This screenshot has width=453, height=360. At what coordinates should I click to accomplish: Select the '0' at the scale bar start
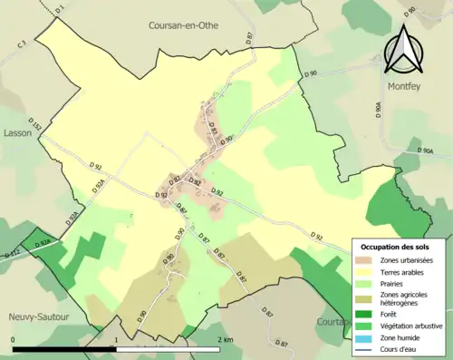[14, 340]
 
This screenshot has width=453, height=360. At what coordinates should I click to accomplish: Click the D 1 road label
[60, 10]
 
